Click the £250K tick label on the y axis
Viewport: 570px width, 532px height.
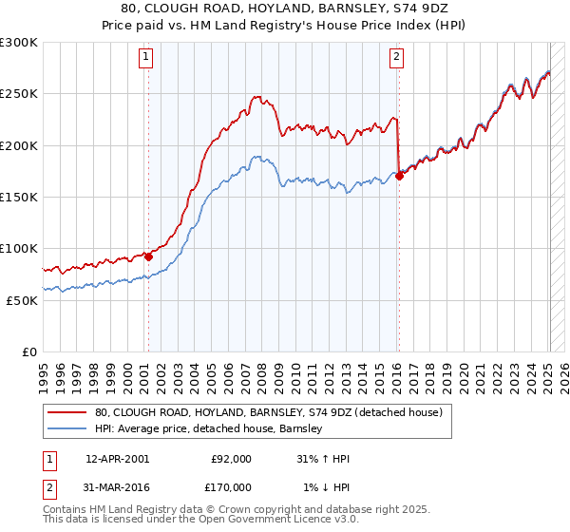coord(18,94)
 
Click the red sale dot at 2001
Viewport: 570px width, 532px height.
coord(148,256)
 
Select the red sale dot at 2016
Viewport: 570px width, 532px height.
coord(400,176)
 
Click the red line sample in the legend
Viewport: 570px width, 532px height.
coord(67,412)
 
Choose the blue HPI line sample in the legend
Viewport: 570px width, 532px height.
coord(67,428)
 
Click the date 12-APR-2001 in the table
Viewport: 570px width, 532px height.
coord(117,459)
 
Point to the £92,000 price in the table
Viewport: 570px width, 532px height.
coord(231,459)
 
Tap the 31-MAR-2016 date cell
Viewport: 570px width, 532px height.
coord(117,486)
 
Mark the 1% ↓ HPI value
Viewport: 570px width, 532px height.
coord(327,486)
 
